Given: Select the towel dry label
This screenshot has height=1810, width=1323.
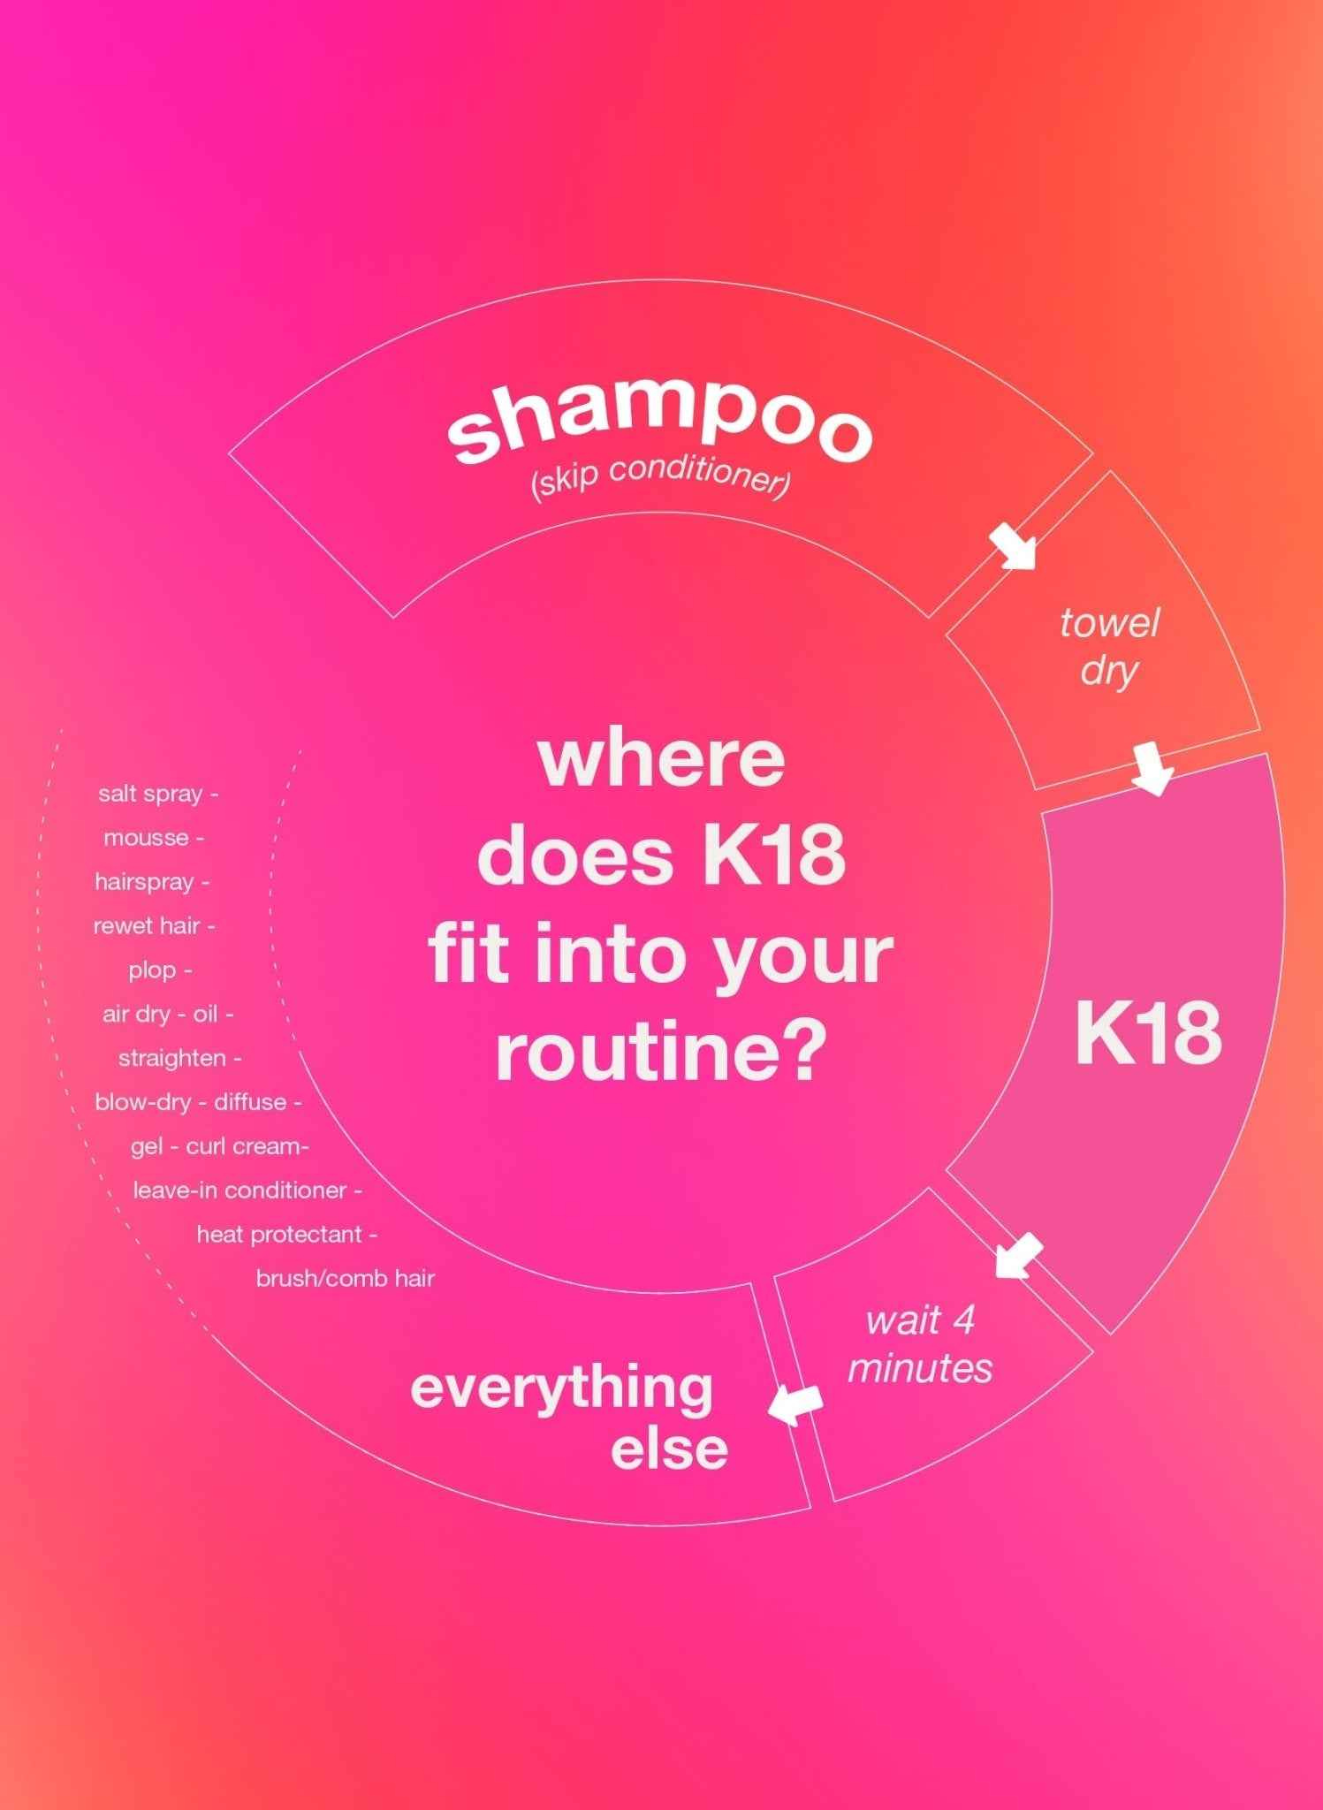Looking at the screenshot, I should click(x=1109, y=646).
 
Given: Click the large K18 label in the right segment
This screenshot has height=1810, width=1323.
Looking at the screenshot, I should click(x=1148, y=1034).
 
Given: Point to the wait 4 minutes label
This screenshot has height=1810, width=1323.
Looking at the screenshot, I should click(x=920, y=1344).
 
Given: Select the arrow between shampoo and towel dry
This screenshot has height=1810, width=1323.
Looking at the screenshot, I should click(x=1012, y=546).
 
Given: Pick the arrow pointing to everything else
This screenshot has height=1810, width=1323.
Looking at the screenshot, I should click(x=795, y=1403).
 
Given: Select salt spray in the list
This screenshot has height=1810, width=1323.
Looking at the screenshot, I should click(x=151, y=794).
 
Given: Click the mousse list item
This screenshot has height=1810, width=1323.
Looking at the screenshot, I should click(x=147, y=838).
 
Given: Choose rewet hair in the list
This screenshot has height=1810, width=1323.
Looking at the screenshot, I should click(x=147, y=926).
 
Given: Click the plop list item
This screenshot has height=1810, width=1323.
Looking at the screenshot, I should click(x=153, y=970).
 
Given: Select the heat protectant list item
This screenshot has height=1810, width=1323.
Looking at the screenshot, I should click(x=279, y=1235).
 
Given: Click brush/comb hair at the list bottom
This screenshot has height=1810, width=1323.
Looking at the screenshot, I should click(x=345, y=1279).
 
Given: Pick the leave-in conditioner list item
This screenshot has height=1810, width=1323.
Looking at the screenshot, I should click(x=240, y=1190).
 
